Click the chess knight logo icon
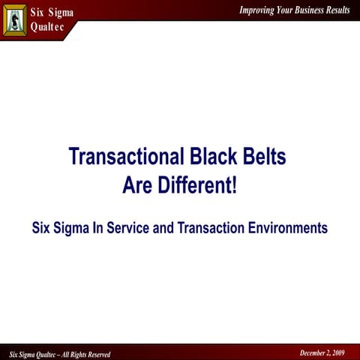point(15,19)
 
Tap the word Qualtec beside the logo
point(48,27)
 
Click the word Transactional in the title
point(123,157)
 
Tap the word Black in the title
point(211,157)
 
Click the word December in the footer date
point(315,352)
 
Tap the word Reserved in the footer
point(95,354)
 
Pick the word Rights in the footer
point(70,354)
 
